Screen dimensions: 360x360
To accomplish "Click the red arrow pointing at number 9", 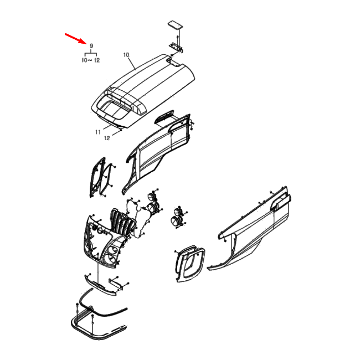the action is point(75,38).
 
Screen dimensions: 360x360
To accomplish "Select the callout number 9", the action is point(91,45).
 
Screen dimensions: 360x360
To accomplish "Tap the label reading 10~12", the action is point(90,60).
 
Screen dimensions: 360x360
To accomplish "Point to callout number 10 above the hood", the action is point(126,55).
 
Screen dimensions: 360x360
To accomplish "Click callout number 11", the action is point(98,132).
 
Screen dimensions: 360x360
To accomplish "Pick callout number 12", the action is point(107,138).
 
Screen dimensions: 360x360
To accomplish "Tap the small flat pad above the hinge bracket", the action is point(175,25).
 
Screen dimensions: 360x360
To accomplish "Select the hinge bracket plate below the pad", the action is point(176,48).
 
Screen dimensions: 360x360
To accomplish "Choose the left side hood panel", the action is point(157,154).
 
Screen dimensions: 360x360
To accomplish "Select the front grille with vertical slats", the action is point(122,223).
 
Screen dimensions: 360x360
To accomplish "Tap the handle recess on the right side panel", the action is point(280,202).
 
